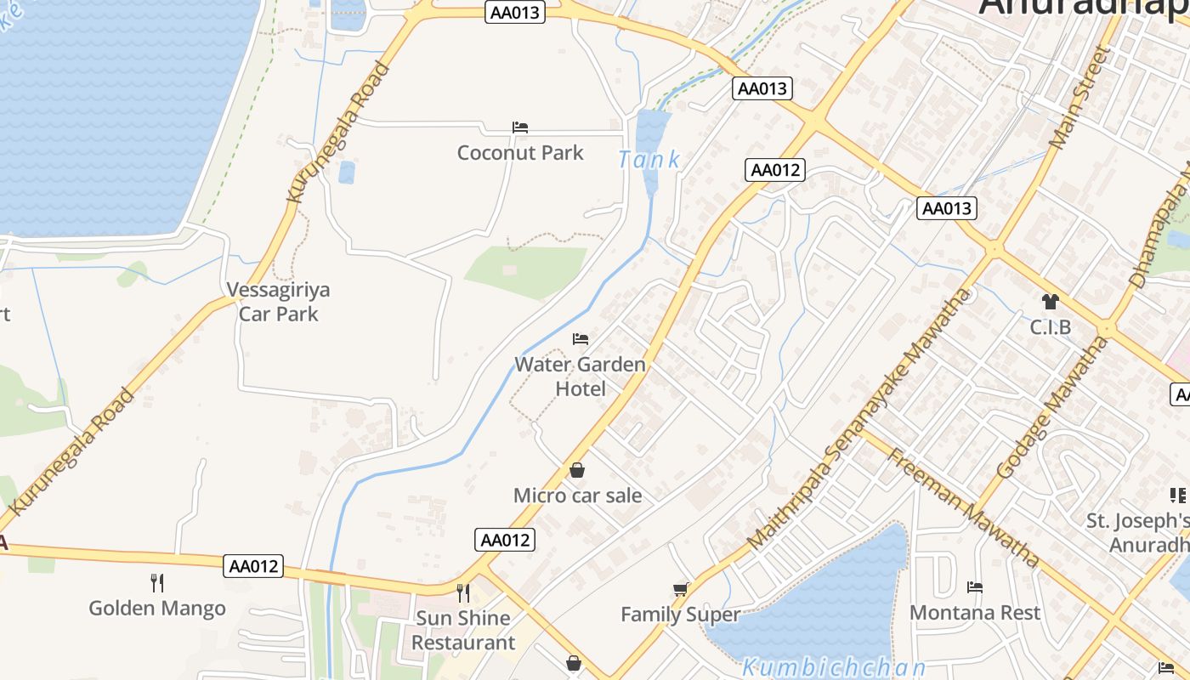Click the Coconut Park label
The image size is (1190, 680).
(x=520, y=153)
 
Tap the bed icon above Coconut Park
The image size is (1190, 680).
(x=520, y=127)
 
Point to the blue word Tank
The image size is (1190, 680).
(x=649, y=159)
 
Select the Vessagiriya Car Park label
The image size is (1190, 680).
(x=279, y=302)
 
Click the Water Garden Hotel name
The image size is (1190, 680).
(x=581, y=377)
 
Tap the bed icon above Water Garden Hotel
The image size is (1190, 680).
(x=581, y=339)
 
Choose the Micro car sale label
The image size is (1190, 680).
(x=578, y=496)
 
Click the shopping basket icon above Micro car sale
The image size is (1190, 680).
(x=577, y=470)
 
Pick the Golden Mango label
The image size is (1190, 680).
(x=157, y=609)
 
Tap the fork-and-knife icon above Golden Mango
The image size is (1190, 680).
(x=157, y=583)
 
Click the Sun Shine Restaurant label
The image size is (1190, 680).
(x=463, y=630)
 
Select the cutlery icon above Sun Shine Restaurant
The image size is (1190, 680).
(x=463, y=592)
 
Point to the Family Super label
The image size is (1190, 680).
(x=680, y=614)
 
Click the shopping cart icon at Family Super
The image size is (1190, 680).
(x=680, y=588)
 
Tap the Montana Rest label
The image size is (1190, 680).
(x=975, y=612)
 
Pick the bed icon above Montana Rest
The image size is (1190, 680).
(x=975, y=587)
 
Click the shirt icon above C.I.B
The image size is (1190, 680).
(x=1051, y=302)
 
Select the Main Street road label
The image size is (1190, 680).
(x=1080, y=99)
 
